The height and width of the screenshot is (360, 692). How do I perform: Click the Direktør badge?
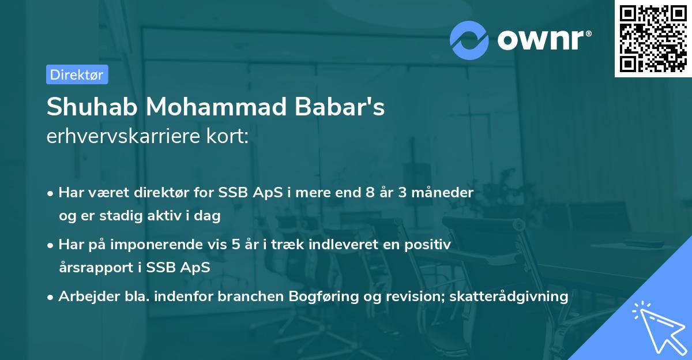click(77, 74)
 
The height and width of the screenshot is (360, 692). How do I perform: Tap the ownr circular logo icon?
click(469, 40)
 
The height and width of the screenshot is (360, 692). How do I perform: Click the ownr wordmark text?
click(544, 40)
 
